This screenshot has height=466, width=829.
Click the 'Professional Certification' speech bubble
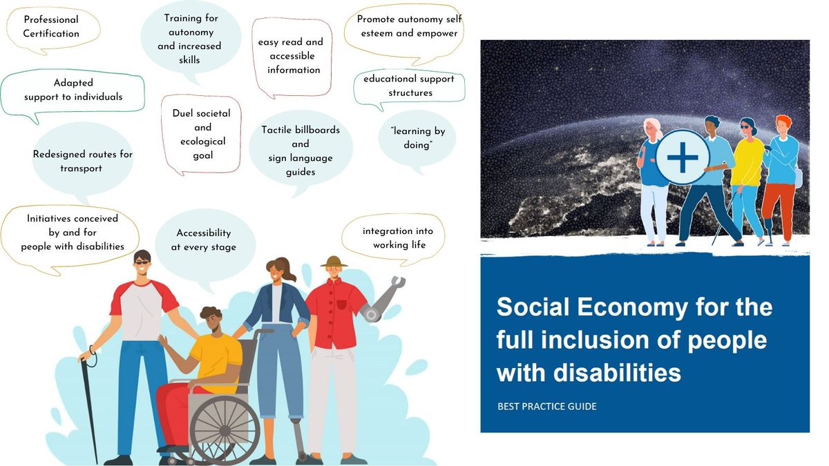click(x=52, y=27)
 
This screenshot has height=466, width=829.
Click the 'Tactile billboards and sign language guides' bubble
click(x=301, y=151)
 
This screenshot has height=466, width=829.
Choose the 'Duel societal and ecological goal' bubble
click(x=202, y=134)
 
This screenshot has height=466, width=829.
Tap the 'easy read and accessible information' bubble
click(x=290, y=56)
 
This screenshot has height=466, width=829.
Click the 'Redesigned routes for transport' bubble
click(x=82, y=161)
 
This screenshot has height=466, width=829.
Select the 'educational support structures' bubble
click(x=409, y=86)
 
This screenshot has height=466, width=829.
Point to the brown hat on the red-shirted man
click(x=334, y=261)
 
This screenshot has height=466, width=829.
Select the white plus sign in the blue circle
click(x=683, y=157)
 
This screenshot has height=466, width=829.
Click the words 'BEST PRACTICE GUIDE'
click(x=547, y=406)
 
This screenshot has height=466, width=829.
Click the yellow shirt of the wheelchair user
click(x=216, y=355)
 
